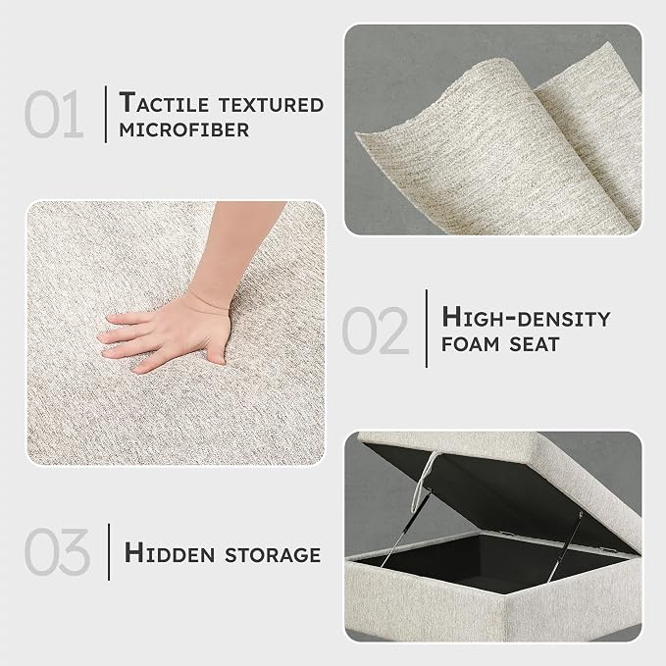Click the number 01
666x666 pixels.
pyautogui.click(x=54, y=114)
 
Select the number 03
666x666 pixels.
pyautogui.click(x=57, y=551)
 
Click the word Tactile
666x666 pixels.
pyautogui.click(x=164, y=103)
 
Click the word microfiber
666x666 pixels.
pyautogui.click(x=184, y=130)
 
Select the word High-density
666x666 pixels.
pyautogui.click(x=526, y=318)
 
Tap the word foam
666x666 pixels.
pyautogui.click(x=471, y=344)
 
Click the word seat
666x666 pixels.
pyautogui.click(x=535, y=344)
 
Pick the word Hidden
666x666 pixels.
pyautogui.click(x=170, y=553)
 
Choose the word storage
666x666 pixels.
pyautogui.click(x=273, y=555)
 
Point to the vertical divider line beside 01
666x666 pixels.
pyautogui.click(x=106, y=114)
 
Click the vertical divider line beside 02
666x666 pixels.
pyautogui.click(x=427, y=329)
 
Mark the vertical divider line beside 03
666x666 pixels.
pyautogui.click(x=109, y=552)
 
